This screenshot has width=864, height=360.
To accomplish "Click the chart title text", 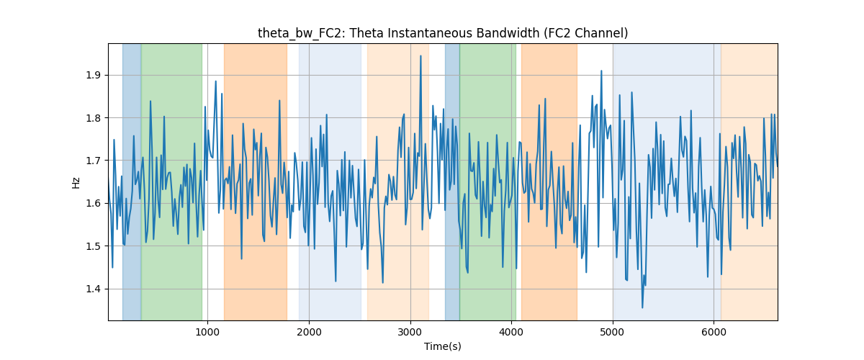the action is tap(443, 33).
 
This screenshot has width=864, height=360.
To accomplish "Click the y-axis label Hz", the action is tap(76, 182).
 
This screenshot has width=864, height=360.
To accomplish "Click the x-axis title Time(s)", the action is tap(443, 346).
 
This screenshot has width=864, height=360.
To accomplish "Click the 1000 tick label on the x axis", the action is tap(207, 332).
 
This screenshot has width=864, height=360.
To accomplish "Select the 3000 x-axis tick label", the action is tap(410, 332).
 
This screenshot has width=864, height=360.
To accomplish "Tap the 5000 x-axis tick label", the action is tap(613, 332).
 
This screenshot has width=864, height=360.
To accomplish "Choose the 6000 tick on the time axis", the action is tap(714, 332).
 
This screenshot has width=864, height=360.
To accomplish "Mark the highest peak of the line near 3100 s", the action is tap(420, 56).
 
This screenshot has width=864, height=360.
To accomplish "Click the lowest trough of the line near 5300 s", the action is tap(642, 307).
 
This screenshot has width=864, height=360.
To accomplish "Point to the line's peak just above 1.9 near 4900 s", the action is tap(601, 71).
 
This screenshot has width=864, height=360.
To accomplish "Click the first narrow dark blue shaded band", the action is tap(132, 182).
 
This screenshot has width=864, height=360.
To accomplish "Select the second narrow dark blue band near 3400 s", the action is tap(452, 182).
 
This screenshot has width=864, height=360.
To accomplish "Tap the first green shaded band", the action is tap(171, 182).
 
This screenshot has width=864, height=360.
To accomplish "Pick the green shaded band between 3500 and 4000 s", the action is tap(488, 182).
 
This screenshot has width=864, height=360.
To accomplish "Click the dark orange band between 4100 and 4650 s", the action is tap(549, 182).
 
